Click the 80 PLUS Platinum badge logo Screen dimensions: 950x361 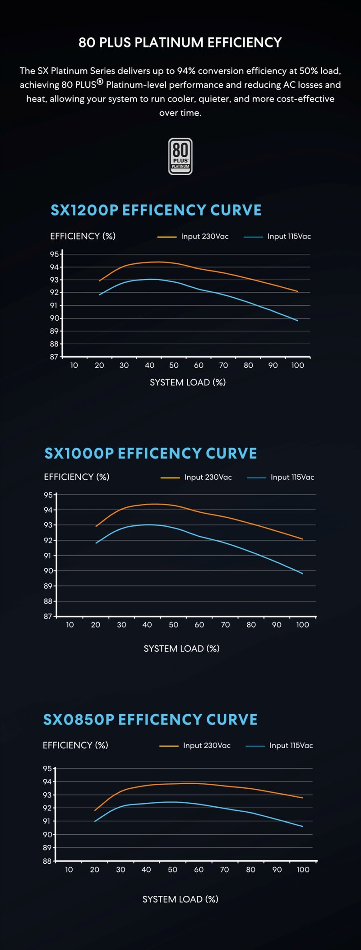(180, 156)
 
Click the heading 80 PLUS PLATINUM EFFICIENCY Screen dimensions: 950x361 (180, 42)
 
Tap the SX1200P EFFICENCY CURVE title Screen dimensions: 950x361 (156, 210)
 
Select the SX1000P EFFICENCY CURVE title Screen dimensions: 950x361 (151, 453)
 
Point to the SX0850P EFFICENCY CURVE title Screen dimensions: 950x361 (150, 720)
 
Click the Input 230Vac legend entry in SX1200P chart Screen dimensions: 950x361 (193, 236)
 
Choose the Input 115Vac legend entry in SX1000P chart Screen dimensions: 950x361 (281, 477)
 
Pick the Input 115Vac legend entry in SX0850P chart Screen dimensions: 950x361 (279, 745)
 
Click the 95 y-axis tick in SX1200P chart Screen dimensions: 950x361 (54, 254)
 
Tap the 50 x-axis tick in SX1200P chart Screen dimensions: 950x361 (174, 365)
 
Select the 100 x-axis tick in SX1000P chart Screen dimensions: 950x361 (302, 625)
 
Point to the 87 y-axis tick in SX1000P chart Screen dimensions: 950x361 (48, 616)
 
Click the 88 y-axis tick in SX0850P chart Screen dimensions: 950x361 (47, 861)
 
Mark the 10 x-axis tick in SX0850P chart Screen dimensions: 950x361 (69, 870)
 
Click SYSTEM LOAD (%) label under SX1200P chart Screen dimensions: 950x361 (188, 382)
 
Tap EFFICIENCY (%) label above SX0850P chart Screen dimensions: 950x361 (75, 745)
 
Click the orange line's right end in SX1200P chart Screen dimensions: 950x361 (297, 291)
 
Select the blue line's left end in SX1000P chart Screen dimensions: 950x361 (96, 543)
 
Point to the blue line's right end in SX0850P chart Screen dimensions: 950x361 (302, 826)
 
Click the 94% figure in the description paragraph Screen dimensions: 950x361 (186, 71)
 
